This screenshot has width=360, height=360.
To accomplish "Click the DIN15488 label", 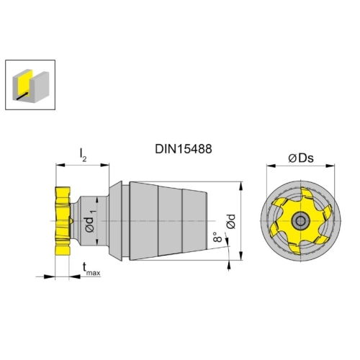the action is tap(184, 149).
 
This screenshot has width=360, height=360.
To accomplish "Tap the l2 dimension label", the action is tap(83, 155).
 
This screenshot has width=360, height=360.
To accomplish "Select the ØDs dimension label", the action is tap(301, 158).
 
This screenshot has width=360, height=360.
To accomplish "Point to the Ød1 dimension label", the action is tap(91, 221).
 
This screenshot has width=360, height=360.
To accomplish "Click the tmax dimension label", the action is tap(91, 269).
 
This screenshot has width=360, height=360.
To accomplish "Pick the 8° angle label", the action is tap(217, 237).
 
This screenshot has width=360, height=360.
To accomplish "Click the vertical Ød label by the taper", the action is tap(231, 221).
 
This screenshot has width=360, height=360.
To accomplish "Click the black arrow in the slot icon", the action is tap(22, 95).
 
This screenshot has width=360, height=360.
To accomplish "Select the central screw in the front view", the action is tap(300, 221).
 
